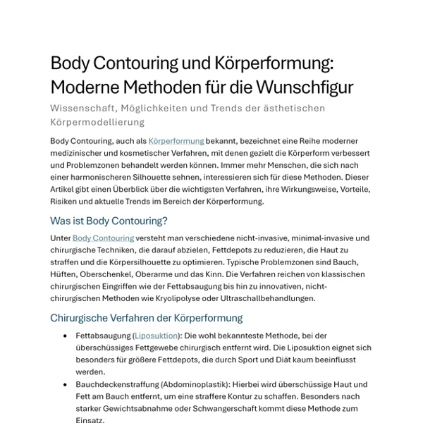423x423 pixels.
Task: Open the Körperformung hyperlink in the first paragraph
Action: [176, 141]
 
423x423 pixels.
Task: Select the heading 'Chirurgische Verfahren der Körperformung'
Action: [146, 317]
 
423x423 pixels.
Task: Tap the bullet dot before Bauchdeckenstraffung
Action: [66, 385]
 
